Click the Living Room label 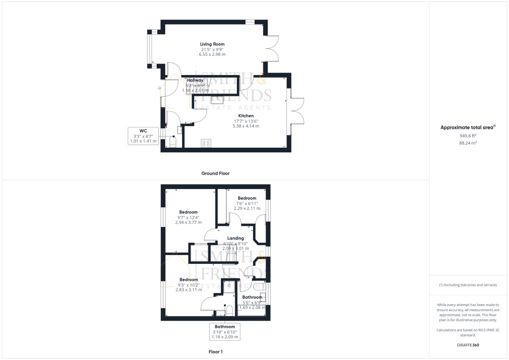click(x=212, y=44)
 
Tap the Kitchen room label click(x=246, y=116)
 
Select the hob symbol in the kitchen click(x=206, y=143)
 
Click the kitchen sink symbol click(x=217, y=100)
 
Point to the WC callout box click(x=143, y=136)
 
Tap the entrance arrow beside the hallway click(x=159, y=88)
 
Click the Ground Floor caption click(x=215, y=173)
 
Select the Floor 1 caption click(x=215, y=352)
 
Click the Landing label click(x=235, y=238)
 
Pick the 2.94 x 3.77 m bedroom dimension click(x=188, y=223)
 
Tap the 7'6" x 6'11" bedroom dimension click(x=247, y=204)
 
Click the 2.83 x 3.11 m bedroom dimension click(x=189, y=290)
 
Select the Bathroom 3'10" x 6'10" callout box click(x=225, y=332)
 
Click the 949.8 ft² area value click(x=468, y=136)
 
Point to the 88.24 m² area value click(x=468, y=143)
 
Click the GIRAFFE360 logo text click(x=468, y=345)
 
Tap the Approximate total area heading click(x=468, y=127)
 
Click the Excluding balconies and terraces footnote click(x=468, y=285)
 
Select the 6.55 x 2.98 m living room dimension click(x=212, y=54)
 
